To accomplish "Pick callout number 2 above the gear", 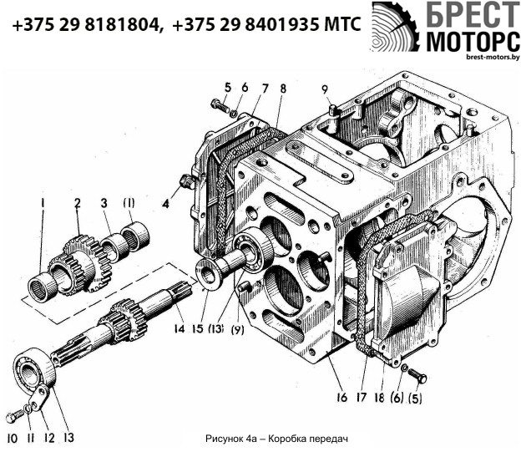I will point(77,203).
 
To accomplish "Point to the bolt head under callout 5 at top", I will point(219,106).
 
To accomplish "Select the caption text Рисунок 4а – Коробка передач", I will point(275,438).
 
